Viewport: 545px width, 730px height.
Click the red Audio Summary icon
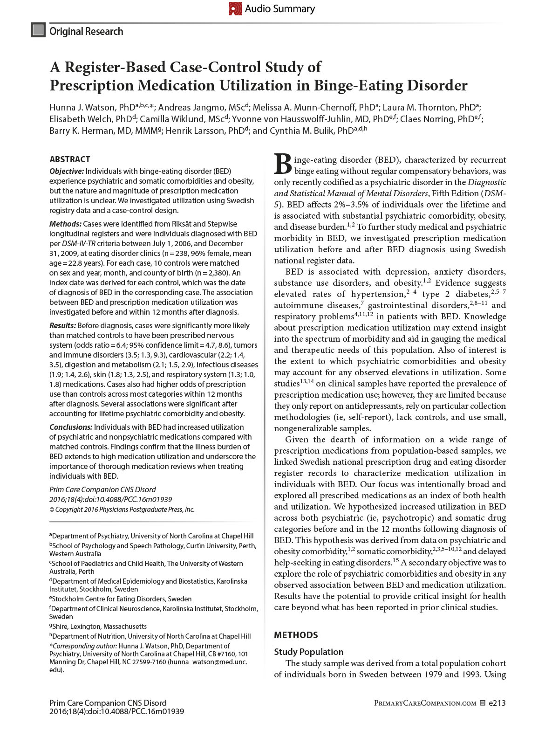[235, 8]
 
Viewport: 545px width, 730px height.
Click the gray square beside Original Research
[38, 30]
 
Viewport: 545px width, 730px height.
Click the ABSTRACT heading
[70, 159]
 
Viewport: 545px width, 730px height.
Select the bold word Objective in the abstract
[67, 171]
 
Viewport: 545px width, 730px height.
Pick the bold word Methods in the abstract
[65, 224]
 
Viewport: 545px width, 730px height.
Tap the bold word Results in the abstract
[62, 325]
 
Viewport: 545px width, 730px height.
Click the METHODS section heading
[296, 635]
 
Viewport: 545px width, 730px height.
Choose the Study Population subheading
[308, 652]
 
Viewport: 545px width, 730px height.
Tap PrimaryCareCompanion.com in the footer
[425, 703]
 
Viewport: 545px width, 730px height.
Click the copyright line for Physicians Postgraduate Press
[122, 510]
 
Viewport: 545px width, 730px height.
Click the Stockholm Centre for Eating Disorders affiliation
[122, 599]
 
